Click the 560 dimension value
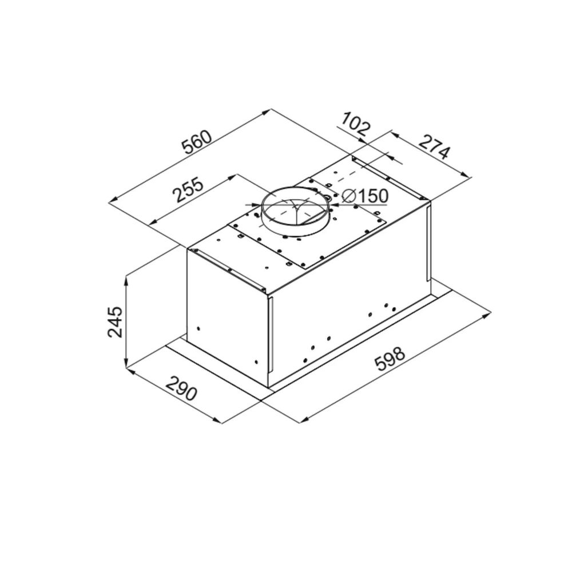[197, 142]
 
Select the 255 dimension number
[189, 190]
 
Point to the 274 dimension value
[434, 148]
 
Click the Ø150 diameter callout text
[365, 196]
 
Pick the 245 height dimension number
[116, 321]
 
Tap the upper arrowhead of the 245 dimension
[126, 280]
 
